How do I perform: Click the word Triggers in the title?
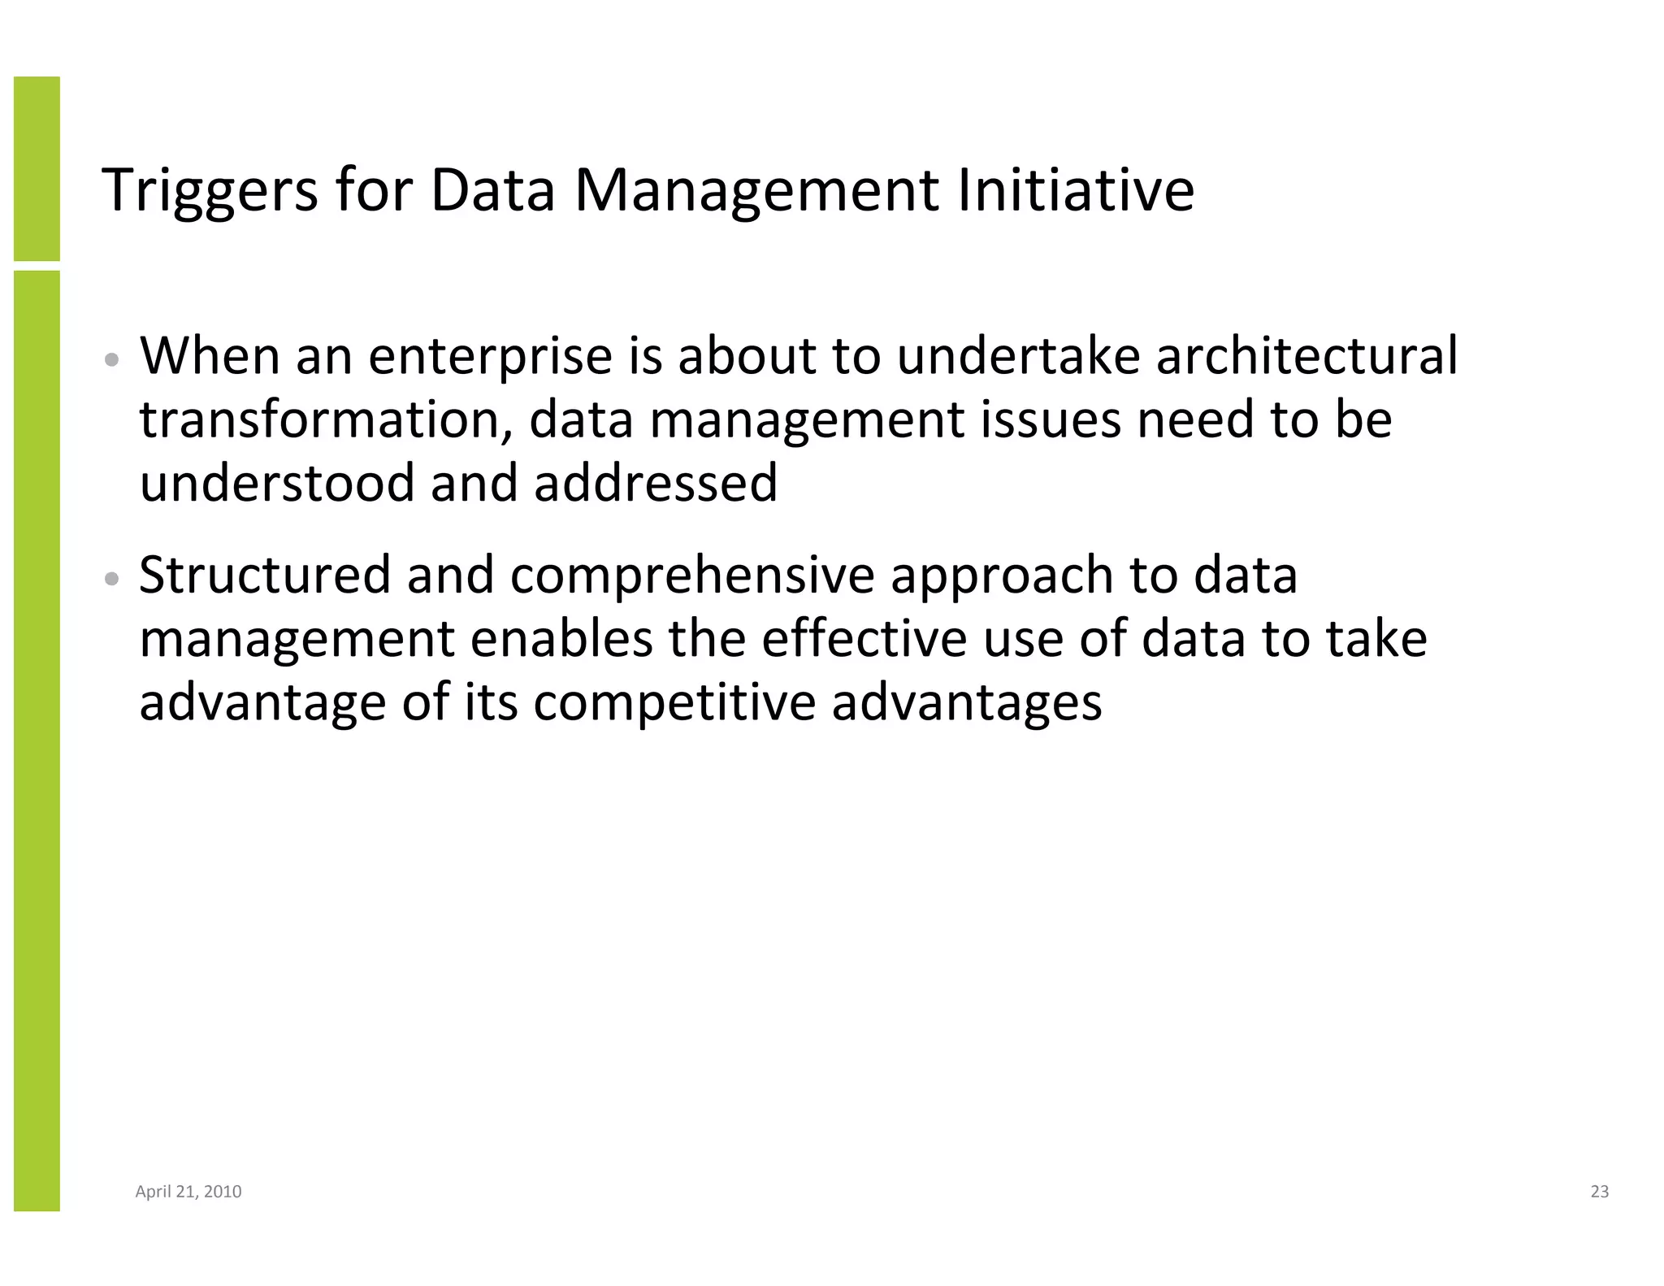[210, 191]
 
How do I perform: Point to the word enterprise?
[490, 357]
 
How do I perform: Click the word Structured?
[265, 575]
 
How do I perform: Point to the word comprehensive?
[692, 576]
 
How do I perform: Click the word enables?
[561, 638]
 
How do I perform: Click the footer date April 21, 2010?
[188, 1192]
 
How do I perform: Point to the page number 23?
[1599, 1192]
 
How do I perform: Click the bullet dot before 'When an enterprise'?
[113, 359]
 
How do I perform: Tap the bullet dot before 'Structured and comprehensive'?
[113, 579]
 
